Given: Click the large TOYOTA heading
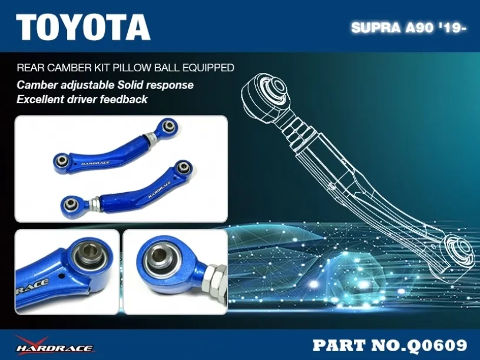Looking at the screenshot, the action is pyautogui.click(x=83, y=27).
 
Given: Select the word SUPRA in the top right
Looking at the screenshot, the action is pyautogui.click(x=376, y=28).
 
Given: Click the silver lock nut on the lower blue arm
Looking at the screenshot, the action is pyautogui.click(x=95, y=204).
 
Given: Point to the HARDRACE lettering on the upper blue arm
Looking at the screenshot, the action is pyautogui.click(x=95, y=163).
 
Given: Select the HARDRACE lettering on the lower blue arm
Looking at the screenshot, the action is pyautogui.click(x=159, y=190).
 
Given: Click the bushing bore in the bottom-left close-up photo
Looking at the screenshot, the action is pyautogui.click(x=91, y=252).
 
